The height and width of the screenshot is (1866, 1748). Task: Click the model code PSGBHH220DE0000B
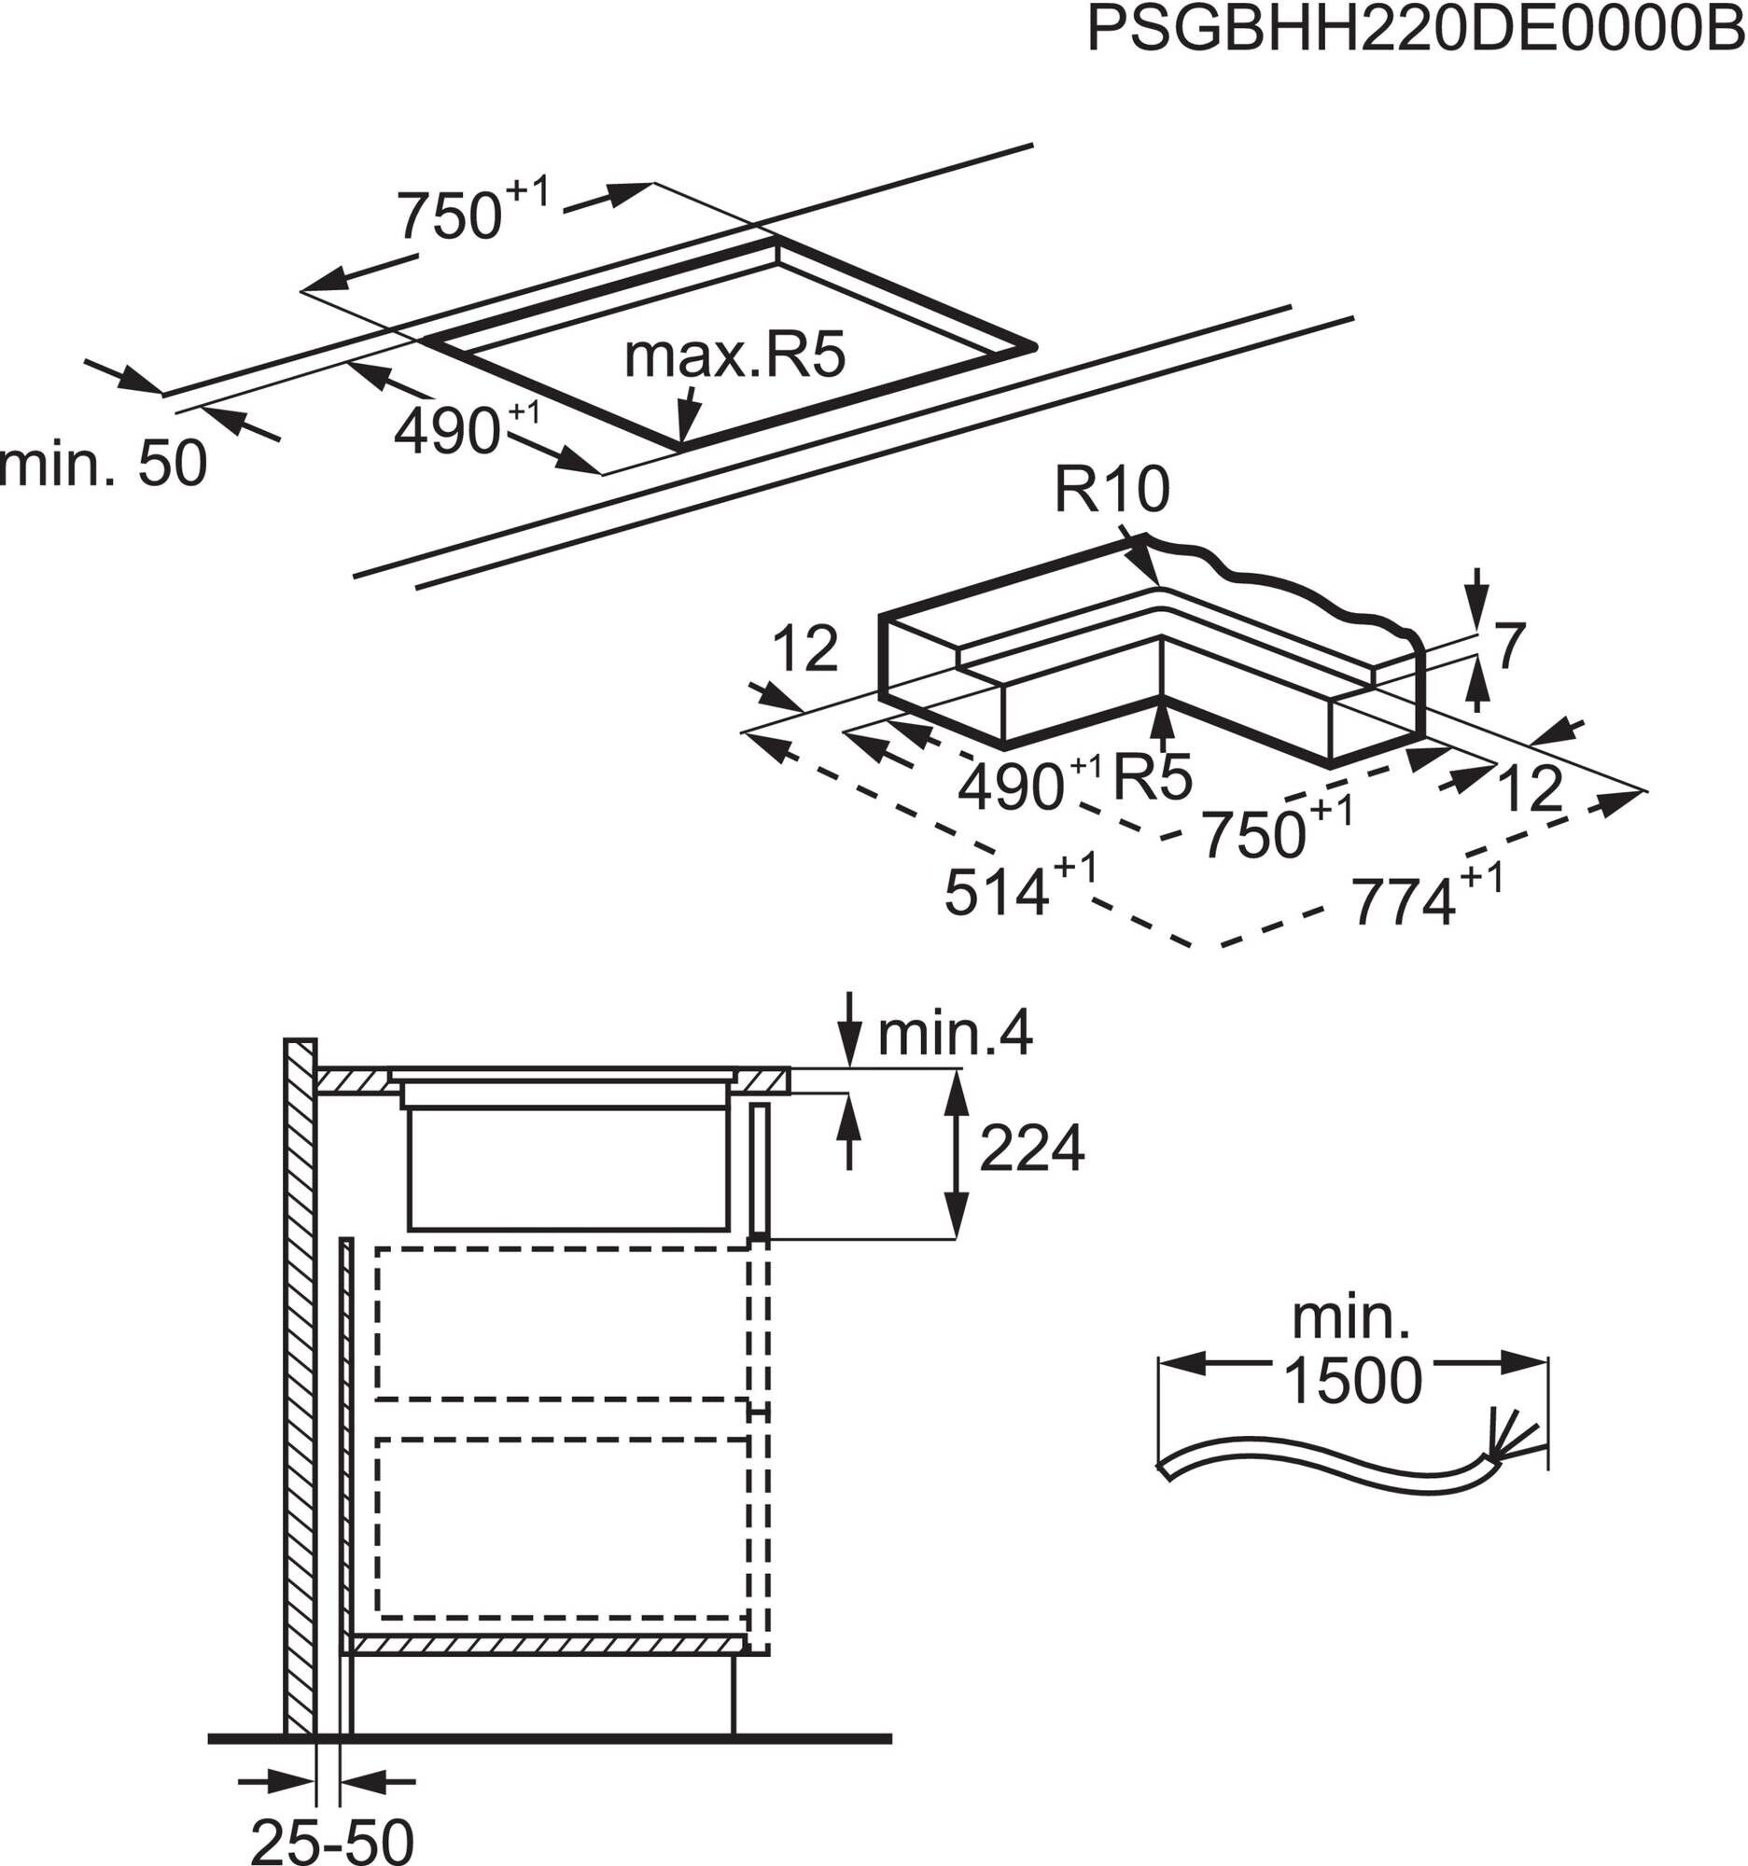1416,31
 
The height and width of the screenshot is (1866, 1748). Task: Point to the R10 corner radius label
1112,489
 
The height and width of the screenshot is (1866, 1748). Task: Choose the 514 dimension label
995,892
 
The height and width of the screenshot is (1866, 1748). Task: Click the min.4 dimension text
955,1034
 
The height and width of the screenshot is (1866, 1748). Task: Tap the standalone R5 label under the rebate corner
1151,775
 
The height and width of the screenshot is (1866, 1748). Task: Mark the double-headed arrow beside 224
956,1153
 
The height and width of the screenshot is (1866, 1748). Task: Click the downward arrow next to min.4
849,1028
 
